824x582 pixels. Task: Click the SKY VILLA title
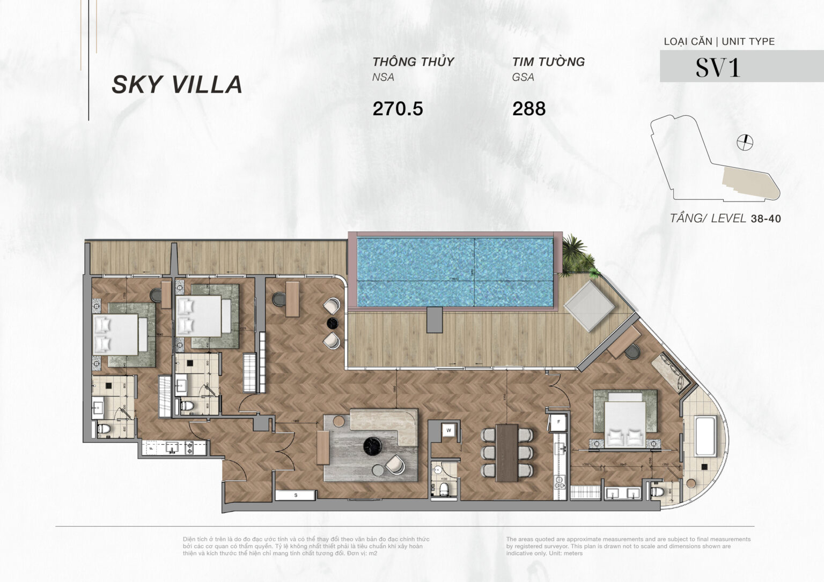point(177,85)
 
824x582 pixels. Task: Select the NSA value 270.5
point(398,109)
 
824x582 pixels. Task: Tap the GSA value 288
point(528,109)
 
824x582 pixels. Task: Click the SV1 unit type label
point(718,68)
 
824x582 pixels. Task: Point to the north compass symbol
point(745,142)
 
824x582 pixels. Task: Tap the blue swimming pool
point(454,272)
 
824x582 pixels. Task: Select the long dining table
point(507,452)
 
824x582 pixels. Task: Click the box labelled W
point(448,430)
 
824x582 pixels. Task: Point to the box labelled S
point(296,495)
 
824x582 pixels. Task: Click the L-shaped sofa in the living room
point(382,423)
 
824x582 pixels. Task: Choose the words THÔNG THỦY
point(413,62)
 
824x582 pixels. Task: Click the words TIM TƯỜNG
point(548,62)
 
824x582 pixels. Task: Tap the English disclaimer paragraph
point(628,546)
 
